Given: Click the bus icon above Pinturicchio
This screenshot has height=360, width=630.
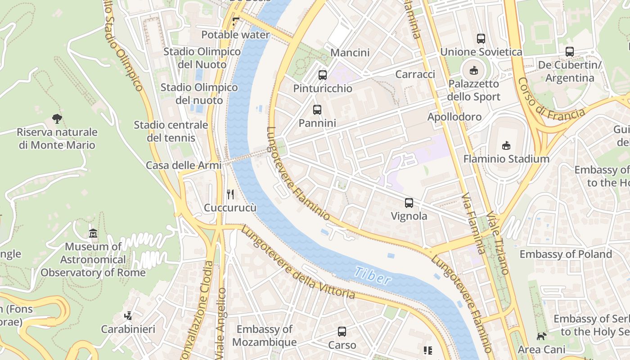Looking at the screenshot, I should pyautogui.click(x=323, y=75).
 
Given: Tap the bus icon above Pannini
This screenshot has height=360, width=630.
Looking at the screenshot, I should pyautogui.click(x=317, y=110).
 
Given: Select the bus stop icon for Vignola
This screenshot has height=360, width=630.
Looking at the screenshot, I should pyautogui.click(x=409, y=203).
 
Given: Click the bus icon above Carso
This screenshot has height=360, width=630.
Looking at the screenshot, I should pyautogui.click(x=342, y=332).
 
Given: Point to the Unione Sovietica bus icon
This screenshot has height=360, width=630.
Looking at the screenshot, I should pyautogui.click(x=481, y=39).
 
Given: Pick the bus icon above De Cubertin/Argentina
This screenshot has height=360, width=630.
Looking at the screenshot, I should pyautogui.click(x=570, y=52).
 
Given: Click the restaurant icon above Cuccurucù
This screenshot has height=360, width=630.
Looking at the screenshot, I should pyautogui.click(x=230, y=194).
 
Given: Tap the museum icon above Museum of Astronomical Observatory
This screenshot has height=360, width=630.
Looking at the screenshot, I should pyautogui.click(x=93, y=234).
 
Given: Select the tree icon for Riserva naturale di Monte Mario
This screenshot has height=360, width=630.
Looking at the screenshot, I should pyautogui.click(x=57, y=119).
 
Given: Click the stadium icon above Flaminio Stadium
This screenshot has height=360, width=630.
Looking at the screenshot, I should pyautogui.click(x=506, y=145).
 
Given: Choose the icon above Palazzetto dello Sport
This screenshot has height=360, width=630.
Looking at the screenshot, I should pyautogui.click(x=474, y=71).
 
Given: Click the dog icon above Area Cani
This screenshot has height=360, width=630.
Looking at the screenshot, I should pyautogui.click(x=541, y=336).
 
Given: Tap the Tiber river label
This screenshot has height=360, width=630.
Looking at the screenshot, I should pyautogui.click(x=372, y=276).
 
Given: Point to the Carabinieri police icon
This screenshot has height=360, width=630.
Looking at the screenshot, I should pyautogui.click(x=128, y=316).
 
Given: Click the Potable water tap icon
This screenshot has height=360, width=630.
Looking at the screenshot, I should pyautogui.click(x=235, y=21).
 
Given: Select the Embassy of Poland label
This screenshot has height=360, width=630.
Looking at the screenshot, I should pyautogui.click(x=566, y=254).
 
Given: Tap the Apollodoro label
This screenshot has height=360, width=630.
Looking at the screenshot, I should pyautogui.click(x=454, y=117).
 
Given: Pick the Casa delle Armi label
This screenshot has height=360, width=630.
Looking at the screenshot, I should pyautogui.click(x=184, y=165).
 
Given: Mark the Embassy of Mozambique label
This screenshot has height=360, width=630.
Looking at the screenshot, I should pyautogui.click(x=265, y=336).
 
